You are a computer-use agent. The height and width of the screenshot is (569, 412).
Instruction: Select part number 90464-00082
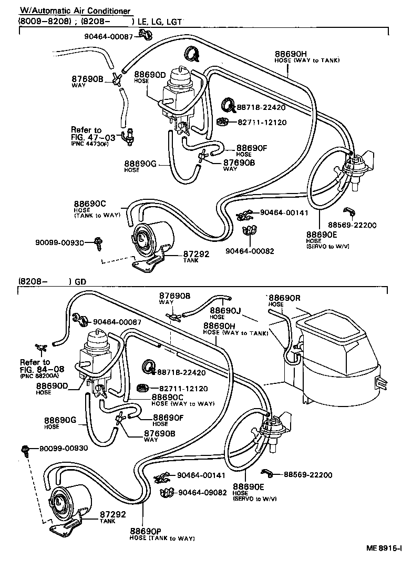(x=250, y=251)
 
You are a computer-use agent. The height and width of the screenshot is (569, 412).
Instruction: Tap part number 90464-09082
(x=202, y=493)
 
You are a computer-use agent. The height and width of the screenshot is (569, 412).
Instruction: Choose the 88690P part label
(x=146, y=531)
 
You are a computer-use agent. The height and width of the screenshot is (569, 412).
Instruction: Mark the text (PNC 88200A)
(x=39, y=377)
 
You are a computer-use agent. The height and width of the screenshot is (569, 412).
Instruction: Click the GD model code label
(x=80, y=281)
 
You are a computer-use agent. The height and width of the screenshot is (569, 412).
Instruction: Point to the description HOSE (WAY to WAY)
(x=183, y=404)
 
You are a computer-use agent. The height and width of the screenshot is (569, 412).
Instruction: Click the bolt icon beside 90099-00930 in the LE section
(x=97, y=241)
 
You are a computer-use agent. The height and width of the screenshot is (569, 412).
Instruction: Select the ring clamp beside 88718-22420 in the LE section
(x=227, y=105)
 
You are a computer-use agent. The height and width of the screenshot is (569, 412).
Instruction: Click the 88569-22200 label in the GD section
(x=308, y=475)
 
